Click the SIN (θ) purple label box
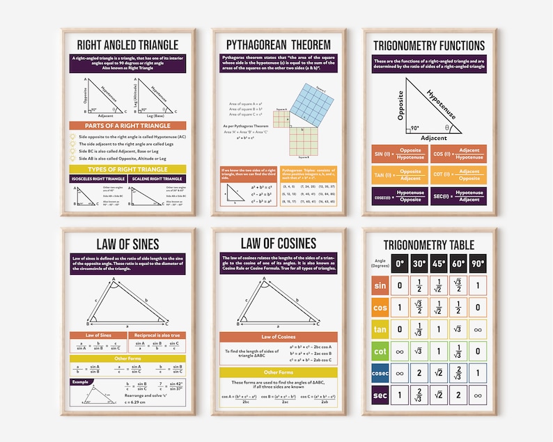pos(381,153)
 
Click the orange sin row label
pos(380,285)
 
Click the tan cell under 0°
pos(399,329)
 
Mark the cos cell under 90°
pos(477,308)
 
